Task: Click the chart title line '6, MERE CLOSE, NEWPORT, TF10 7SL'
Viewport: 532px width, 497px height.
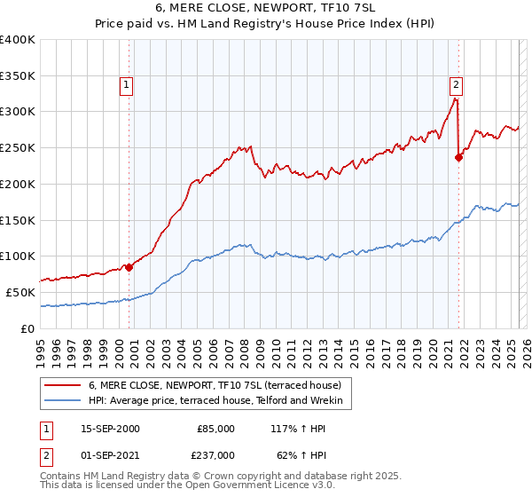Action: (x=266, y=7)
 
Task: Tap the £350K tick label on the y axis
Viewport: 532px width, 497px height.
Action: (x=18, y=76)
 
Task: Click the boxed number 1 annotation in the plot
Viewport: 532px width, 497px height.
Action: (x=126, y=86)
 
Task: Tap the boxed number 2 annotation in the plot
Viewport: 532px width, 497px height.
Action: (x=456, y=86)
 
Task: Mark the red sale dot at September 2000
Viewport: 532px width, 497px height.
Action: (x=129, y=265)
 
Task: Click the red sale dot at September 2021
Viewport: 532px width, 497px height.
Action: (x=458, y=158)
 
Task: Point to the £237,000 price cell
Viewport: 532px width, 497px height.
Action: (x=215, y=455)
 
